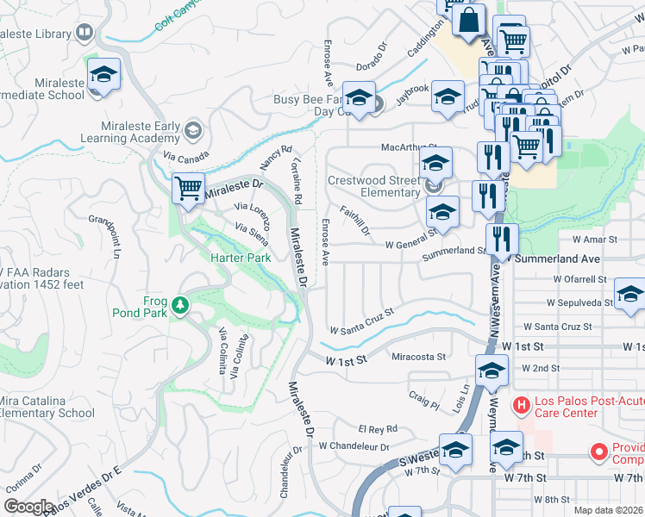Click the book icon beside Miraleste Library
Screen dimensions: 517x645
(84, 34)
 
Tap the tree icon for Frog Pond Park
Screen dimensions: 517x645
(180, 305)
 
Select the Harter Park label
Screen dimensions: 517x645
(242, 258)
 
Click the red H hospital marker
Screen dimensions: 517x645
(521, 404)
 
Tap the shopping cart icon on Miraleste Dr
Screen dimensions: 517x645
(188, 187)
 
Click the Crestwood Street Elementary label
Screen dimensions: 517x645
(373, 186)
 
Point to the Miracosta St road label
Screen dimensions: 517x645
(418, 356)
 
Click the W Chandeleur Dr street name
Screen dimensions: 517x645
(354, 447)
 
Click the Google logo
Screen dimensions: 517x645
(28, 507)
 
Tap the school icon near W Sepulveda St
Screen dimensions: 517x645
(629, 296)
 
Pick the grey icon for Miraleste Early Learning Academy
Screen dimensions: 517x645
(194, 131)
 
